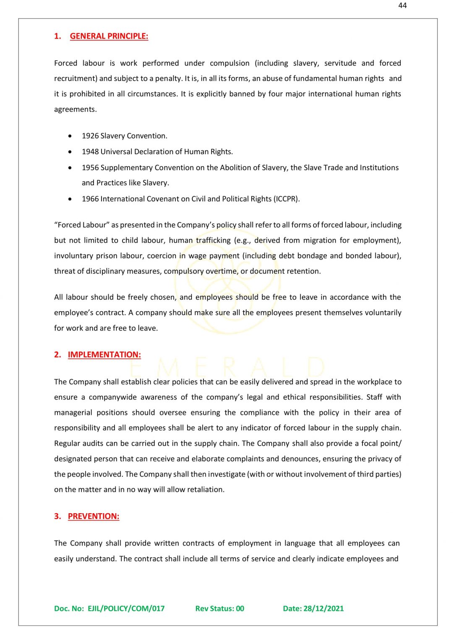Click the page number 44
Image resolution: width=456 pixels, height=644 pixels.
(x=402, y=5)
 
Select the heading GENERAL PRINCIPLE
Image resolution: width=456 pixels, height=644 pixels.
(x=109, y=36)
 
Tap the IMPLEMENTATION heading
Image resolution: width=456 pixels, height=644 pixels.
(x=104, y=355)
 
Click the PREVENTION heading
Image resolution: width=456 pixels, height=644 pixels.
(x=94, y=516)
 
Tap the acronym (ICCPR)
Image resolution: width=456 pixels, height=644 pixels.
(x=287, y=199)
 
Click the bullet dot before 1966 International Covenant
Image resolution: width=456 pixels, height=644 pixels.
(x=70, y=199)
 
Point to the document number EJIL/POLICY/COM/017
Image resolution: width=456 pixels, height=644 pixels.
(x=126, y=608)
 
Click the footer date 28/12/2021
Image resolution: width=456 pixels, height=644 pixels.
(x=323, y=608)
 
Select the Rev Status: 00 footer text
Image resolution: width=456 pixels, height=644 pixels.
(x=219, y=608)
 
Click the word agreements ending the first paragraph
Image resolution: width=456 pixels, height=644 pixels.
(x=75, y=109)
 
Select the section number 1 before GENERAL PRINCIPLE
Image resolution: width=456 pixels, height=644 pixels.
(x=57, y=36)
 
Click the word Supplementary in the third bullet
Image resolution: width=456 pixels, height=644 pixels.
(x=127, y=168)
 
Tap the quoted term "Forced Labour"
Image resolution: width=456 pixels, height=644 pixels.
(x=82, y=225)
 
